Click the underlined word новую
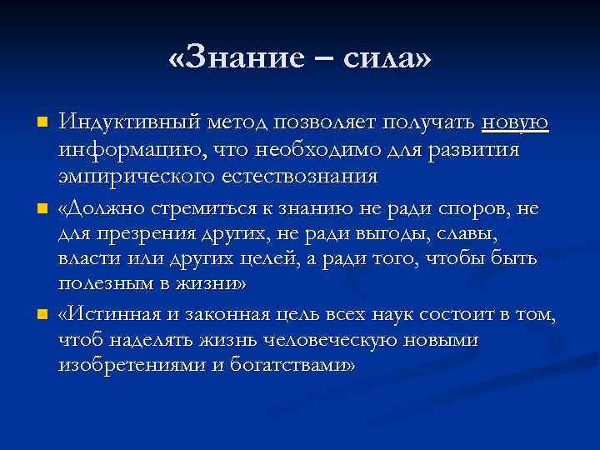coord(515,123)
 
